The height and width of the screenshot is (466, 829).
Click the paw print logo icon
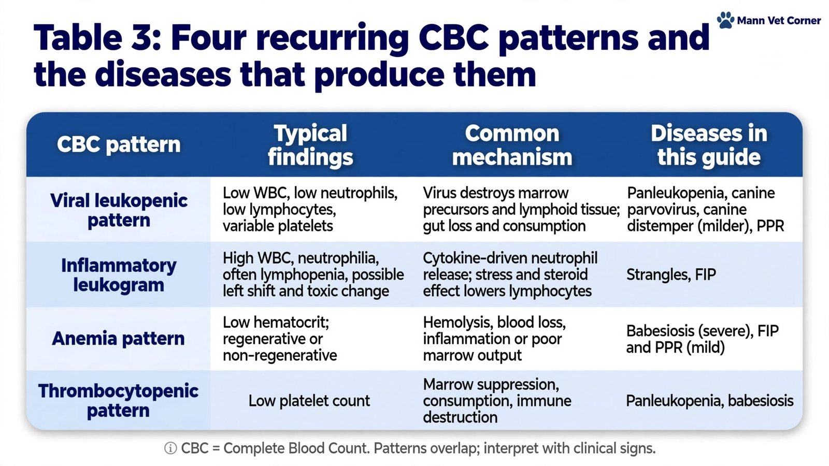725,20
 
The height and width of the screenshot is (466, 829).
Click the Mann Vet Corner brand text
779,21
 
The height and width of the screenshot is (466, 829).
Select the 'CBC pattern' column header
119,144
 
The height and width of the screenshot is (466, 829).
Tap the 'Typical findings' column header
310,145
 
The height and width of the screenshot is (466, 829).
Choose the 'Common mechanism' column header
512,145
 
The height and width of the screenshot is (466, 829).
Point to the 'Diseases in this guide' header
709,145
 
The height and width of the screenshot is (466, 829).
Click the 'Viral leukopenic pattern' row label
119,210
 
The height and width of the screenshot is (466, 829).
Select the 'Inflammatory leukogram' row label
119,275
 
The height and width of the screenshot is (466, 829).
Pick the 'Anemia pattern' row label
118,339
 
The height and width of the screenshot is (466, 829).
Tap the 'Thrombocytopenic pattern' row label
118,401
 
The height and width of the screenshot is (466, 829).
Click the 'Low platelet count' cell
309,401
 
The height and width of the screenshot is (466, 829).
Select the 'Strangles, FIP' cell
671,275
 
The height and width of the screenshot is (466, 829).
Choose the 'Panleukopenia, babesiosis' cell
709,401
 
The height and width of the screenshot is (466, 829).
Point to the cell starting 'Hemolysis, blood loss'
494,339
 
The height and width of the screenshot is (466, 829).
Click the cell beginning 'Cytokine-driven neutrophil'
510,274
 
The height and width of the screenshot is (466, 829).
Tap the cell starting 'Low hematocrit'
279,339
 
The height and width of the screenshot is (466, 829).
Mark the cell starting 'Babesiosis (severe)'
702,339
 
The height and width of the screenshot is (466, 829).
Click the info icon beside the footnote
170,448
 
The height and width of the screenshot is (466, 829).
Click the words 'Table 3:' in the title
97,38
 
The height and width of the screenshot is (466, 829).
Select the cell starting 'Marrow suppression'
497,401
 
